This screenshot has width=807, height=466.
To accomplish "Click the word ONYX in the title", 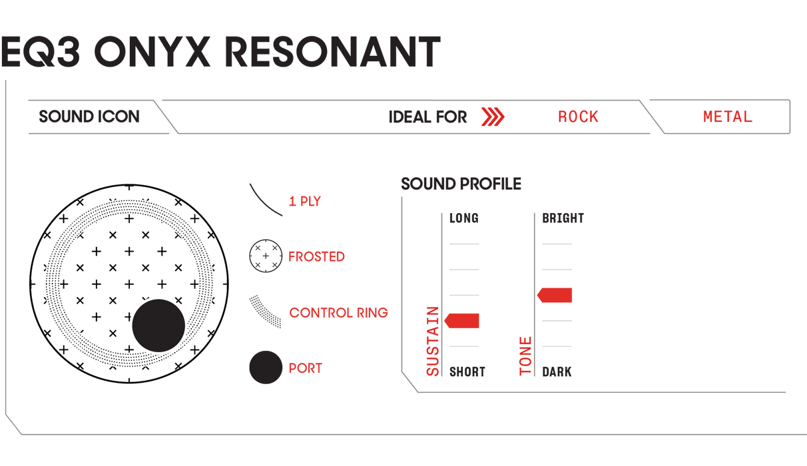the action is tap(152, 51).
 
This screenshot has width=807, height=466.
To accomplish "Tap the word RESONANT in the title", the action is tap(332, 51).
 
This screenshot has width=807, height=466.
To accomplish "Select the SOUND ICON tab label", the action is tap(89, 116).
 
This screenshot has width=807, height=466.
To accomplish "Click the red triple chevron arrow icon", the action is tap(493, 116).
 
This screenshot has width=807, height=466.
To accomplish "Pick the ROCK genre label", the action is tap(578, 116).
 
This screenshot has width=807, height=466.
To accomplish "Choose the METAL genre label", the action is tap(728, 116).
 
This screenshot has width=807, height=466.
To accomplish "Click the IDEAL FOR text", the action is tap(427, 117).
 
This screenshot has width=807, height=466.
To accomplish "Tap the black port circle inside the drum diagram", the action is tap(158, 326).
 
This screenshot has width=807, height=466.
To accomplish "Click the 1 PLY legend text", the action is tap(305, 201).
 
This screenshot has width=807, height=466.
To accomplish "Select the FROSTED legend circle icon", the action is tap(266, 256).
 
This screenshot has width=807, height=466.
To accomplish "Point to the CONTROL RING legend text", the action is tap(339, 313).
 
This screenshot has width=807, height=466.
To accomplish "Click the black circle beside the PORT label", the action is tap(266, 367).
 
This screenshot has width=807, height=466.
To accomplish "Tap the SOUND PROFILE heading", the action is tap(461, 184).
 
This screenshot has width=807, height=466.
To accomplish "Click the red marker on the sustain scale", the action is tap(461, 320).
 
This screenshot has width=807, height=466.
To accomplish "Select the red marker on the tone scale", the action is tap(555, 295).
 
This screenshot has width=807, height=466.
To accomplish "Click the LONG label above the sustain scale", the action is tap(464, 218).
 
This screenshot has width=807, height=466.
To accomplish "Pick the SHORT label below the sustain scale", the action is tap(467, 371).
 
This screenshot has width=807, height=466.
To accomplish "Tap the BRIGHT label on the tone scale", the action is tap(563, 218).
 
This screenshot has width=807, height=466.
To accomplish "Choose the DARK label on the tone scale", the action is tap(557, 371).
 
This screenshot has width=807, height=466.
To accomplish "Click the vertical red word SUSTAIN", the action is tap(433, 342).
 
